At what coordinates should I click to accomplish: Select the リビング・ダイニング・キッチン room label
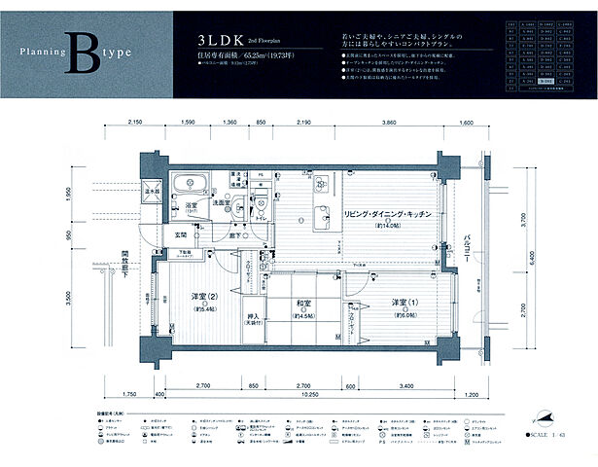click(387, 213)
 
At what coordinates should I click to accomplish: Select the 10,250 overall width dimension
click(309, 395)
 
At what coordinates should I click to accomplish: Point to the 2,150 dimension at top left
click(135, 124)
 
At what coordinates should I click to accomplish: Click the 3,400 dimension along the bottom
click(405, 386)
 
